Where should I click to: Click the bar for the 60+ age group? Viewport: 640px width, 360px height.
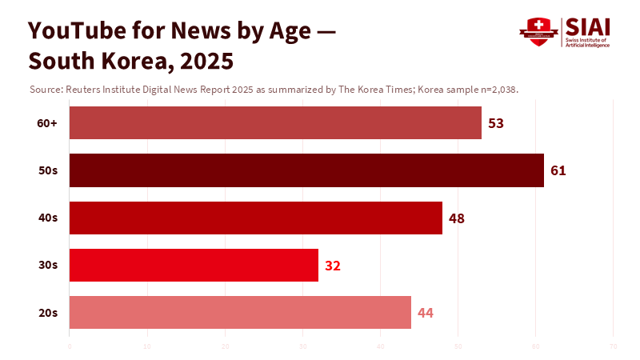(275, 123)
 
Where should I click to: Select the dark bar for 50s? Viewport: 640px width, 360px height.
(306, 170)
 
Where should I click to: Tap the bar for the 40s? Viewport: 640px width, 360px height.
(256, 218)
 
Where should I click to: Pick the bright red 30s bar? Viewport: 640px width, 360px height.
(194, 265)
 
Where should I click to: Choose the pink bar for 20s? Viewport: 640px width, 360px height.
(240, 312)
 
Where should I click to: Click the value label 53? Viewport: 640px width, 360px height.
(496, 123)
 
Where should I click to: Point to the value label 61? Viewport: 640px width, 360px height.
(558, 170)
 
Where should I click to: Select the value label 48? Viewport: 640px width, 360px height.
(457, 218)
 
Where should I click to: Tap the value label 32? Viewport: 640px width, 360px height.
(333, 265)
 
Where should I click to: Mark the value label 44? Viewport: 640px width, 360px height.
(426, 312)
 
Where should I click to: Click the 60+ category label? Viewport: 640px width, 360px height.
(47, 123)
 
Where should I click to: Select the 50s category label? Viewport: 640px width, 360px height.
(48, 170)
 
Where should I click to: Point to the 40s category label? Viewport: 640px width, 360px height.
(48, 218)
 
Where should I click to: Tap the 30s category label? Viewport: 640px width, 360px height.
(48, 265)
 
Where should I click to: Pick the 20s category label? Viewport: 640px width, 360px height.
(48, 312)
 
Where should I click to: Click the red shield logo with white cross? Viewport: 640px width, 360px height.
(538, 31)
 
